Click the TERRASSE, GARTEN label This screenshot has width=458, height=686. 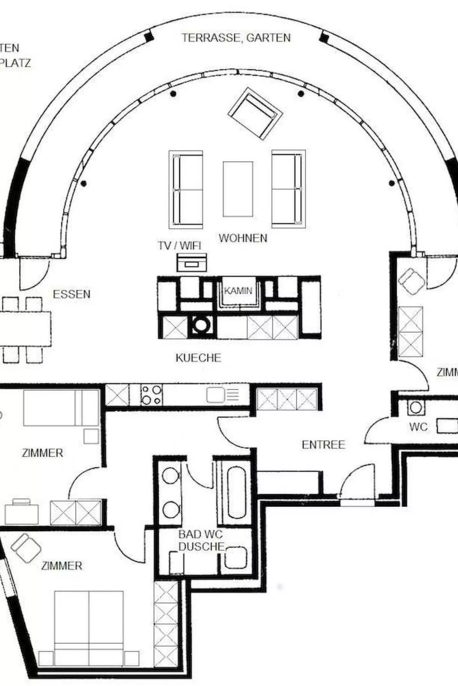tap(236, 38)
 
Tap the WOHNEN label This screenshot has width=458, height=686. tap(243, 238)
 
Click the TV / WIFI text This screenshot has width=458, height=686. tap(179, 246)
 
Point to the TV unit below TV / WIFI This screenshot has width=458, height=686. tap(191, 263)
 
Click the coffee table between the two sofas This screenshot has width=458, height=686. tap(237, 189)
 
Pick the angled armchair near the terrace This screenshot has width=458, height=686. tap(255, 113)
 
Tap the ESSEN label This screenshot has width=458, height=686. tap(72, 294)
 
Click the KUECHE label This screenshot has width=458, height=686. tap(198, 358)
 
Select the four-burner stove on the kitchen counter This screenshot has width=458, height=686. tap(151, 395)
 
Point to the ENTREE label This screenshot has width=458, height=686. tap(323, 445)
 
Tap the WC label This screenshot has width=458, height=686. tap(418, 427)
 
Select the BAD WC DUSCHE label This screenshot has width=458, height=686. tap(201, 540)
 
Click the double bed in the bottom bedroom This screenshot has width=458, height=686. tap(89, 627)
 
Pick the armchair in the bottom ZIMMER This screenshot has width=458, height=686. tap(26, 548)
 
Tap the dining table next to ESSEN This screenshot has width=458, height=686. tap(25, 329)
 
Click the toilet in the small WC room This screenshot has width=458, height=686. tap(416, 407)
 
